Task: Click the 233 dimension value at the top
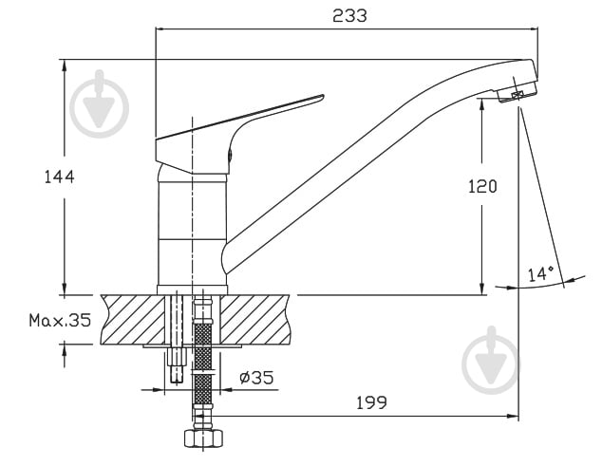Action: click(x=349, y=15)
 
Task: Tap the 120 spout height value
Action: click(x=482, y=186)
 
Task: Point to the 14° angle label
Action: click(x=540, y=273)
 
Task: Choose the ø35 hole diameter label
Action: click(x=255, y=378)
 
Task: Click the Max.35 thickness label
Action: click(x=59, y=320)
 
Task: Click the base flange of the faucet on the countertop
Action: click(x=193, y=287)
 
